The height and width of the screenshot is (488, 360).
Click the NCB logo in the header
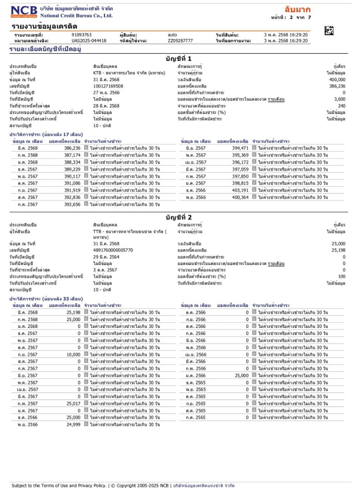pyautogui.click(x=24, y=12)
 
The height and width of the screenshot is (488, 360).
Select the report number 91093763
pyautogui.click(x=82, y=35)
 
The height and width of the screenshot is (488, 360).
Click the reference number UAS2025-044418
pyautogui.click(x=89, y=41)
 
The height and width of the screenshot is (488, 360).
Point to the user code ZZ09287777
pyautogui.click(x=180, y=41)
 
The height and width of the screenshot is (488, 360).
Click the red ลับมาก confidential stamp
pyautogui.click(x=297, y=10)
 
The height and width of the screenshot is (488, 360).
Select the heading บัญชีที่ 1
pyautogui.click(x=178, y=59)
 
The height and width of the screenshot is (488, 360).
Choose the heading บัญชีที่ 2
pyautogui.click(x=178, y=217)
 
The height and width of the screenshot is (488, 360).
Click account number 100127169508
pyautogui.click(x=108, y=86)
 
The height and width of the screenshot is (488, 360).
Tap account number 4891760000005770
pyautogui.click(x=113, y=250)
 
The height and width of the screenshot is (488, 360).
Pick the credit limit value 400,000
pyautogui.click(x=337, y=80)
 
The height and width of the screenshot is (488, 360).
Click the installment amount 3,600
pyautogui.click(x=339, y=99)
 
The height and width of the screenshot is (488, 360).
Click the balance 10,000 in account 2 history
pyautogui.click(x=72, y=355)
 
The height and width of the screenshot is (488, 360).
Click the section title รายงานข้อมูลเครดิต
pyautogui.click(x=45, y=26)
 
